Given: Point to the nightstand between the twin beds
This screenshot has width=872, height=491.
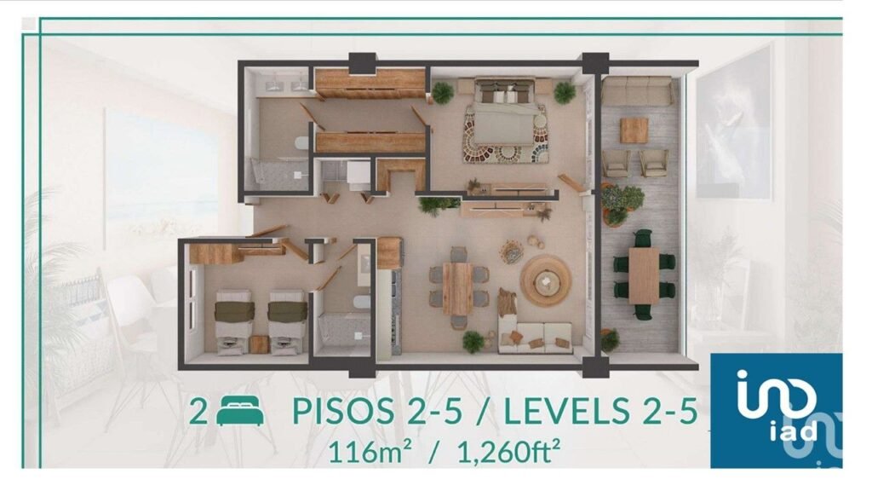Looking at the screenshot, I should [260, 343].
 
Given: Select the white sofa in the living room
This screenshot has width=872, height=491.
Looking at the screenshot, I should [534, 335].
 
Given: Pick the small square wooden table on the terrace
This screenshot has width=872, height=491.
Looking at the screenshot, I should [634, 130].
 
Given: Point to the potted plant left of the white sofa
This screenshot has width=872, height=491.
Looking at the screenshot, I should [473, 341].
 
